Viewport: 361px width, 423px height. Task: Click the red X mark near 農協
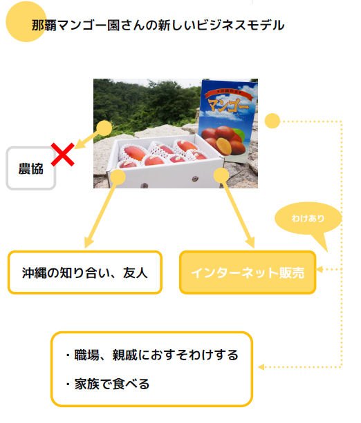point(63,155)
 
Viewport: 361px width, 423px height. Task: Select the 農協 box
point(31,168)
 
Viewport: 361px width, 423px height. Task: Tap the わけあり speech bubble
point(308,219)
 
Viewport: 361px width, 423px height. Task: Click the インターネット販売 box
point(248,273)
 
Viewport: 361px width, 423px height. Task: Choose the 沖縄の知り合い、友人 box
point(85,273)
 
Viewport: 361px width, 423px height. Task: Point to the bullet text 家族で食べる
point(111,384)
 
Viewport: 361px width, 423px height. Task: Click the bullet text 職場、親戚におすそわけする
point(156,355)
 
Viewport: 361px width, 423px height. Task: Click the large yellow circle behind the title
point(26,21)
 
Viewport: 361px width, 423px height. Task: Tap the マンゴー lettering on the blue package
point(228,105)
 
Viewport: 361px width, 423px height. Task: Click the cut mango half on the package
point(223,146)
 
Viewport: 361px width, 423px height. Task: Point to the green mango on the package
point(238,133)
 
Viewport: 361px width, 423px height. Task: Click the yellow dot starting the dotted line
point(272,121)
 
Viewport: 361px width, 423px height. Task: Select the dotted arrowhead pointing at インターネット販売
point(320,269)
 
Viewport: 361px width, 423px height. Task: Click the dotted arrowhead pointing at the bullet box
point(261,367)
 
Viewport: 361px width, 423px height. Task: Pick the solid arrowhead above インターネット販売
point(250,242)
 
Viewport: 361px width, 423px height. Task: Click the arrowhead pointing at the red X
point(80,144)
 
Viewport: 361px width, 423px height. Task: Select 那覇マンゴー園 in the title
point(75,26)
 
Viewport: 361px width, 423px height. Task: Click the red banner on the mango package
point(228,93)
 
